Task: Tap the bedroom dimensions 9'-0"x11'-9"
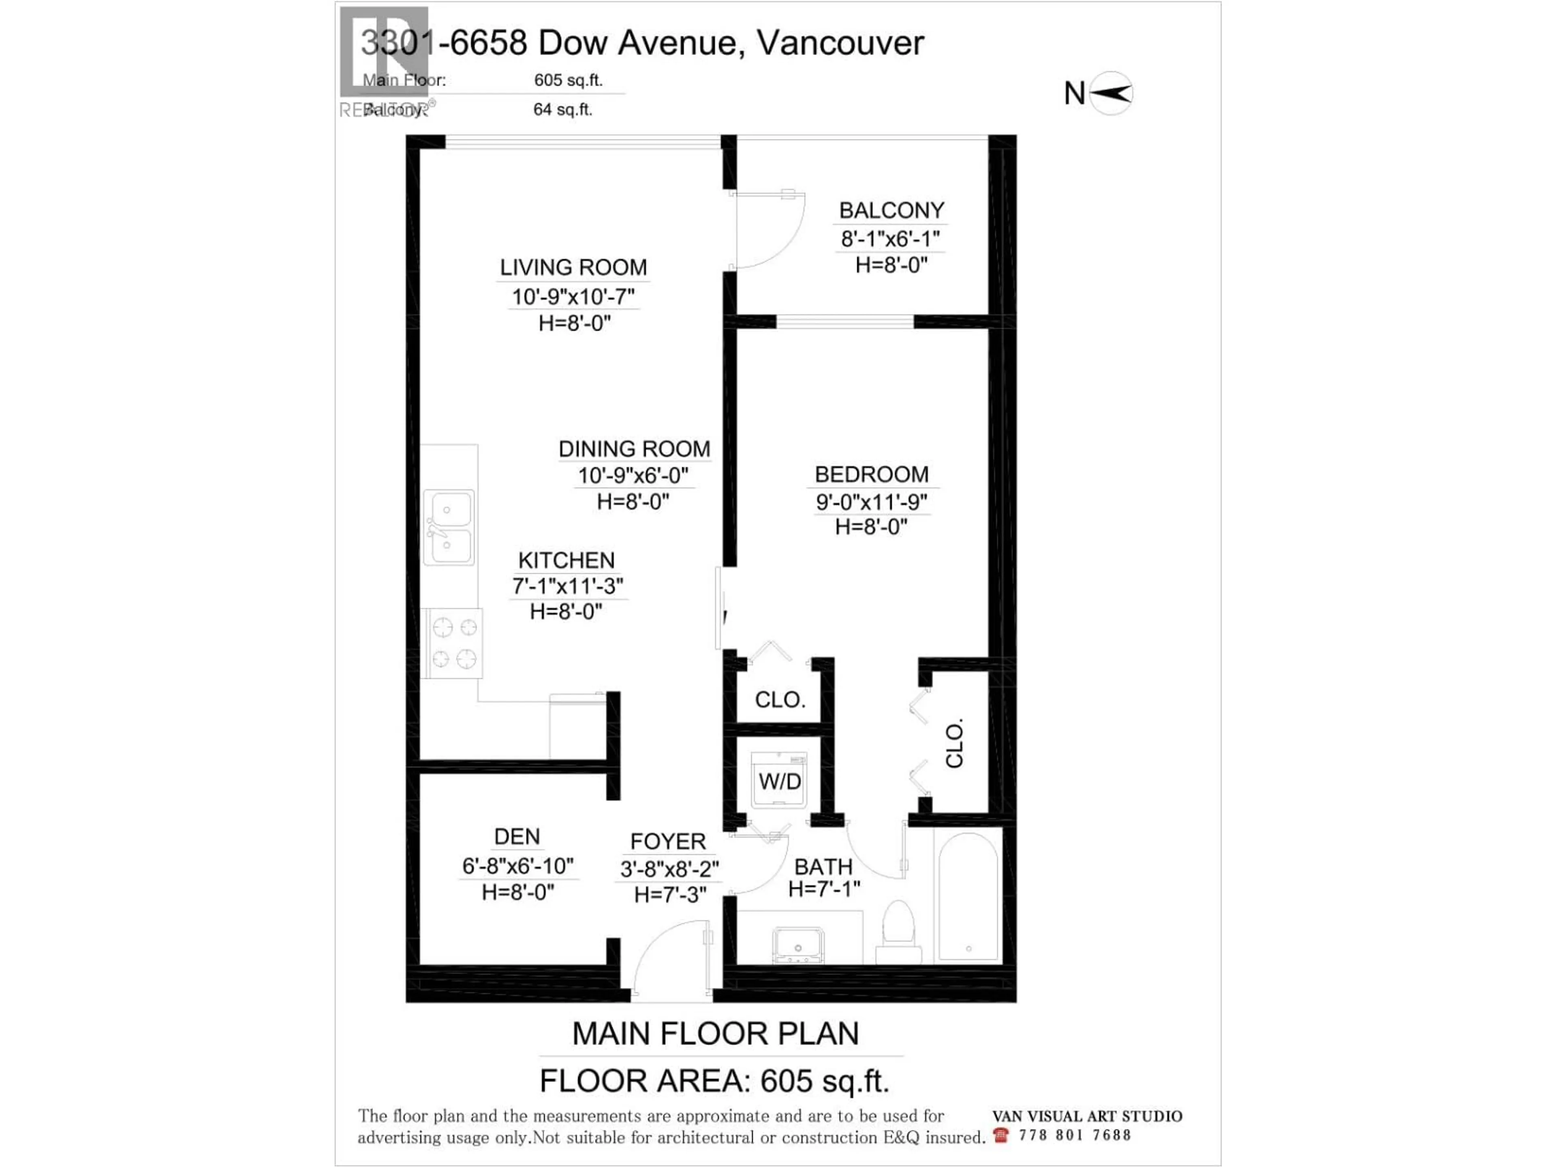pyautogui.click(x=871, y=502)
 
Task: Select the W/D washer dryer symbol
pyautogui.click(x=779, y=781)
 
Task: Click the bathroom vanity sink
pyautogui.click(x=798, y=944)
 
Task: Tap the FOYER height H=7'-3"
pyautogui.click(x=670, y=895)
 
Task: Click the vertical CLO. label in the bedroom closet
pyautogui.click(x=954, y=744)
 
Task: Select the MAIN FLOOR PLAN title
pyautogui.click(x=715, y=1033)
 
